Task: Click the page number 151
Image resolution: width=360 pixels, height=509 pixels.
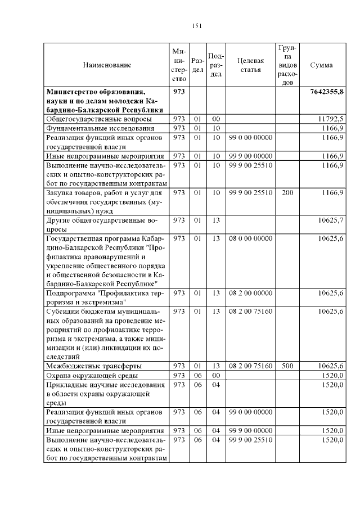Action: pos(196,25)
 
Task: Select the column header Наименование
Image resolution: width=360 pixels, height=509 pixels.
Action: pos(107,65)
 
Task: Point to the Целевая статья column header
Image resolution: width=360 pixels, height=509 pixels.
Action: pos(251,65)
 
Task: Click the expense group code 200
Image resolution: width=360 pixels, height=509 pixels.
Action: pos(287,193)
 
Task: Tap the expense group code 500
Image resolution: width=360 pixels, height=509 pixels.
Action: pos(287,366)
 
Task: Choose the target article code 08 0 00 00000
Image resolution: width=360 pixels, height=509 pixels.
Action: pos(250,238)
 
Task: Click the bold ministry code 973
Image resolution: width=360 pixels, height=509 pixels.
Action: pos(179,91)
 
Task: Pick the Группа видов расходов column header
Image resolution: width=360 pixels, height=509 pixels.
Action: pos(287,65)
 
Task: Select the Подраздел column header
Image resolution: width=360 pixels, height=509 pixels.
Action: pos(216,65)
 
